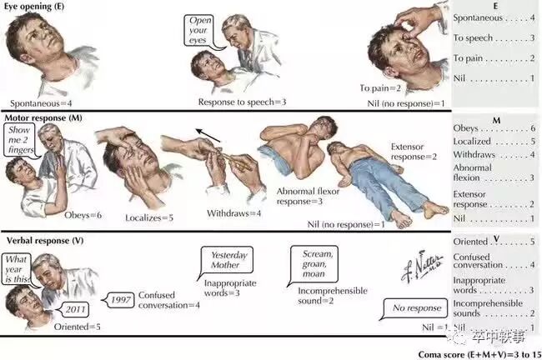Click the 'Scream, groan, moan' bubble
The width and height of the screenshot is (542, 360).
pyautogui.click(x=314, y=264)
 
